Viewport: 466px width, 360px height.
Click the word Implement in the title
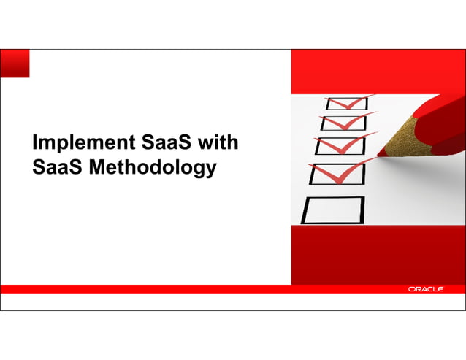click(78, 142)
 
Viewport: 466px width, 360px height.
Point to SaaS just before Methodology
click(58, 167)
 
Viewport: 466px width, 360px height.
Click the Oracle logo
click(425, 289)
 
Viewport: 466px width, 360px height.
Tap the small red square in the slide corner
click(15, 63)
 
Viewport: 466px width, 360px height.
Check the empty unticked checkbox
click(333, 210)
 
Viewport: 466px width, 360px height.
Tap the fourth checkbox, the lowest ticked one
click(337, 174)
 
